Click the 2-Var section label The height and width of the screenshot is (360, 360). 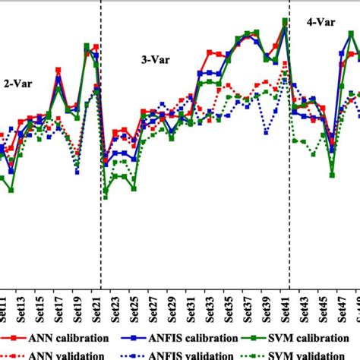[x=19, y=85]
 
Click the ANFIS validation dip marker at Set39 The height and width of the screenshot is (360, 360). [x=266, y=132]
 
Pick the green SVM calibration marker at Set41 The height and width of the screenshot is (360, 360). [x=285, y=21]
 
